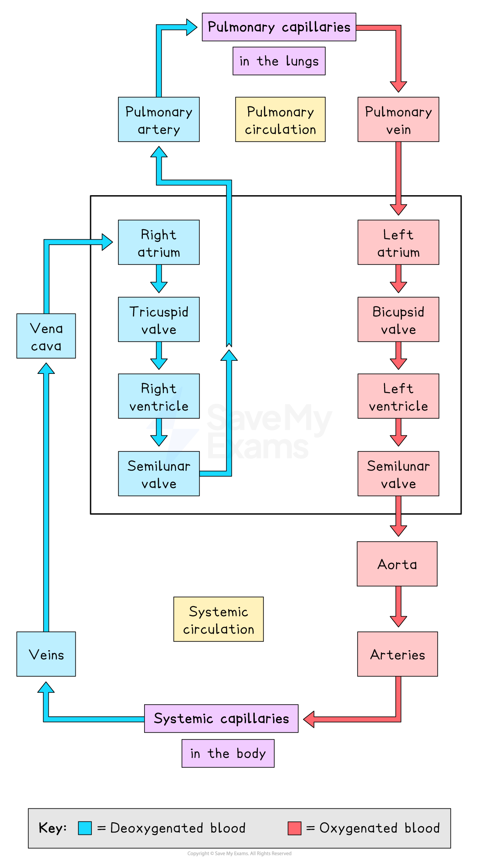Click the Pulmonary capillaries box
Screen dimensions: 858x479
(x=279, y=27)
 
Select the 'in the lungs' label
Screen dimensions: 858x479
(x=279, y=61)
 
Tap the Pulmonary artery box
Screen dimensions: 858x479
(x=159, y=119)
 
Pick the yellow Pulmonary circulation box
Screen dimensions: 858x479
(x=280, y=119)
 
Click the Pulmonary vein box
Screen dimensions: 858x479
(x=398, y=119)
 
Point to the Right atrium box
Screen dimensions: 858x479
(x=159, y=242)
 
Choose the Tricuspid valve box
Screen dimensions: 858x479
(x=159, y=319)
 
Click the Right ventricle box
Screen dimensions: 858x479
(x=159, y=396)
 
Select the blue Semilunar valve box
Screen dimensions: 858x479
(x=159, y=474)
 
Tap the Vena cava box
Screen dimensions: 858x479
(x=46, y=336)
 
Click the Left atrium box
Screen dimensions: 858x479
(x=398, y=242)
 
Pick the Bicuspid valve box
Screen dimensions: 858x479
(x=398, y=319)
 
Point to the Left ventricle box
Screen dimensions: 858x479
(x=398, y=396)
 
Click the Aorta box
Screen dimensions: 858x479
(x=397, y=564)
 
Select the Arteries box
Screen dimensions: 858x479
(x=397, y=654)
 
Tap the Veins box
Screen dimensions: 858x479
(x=46, y=654)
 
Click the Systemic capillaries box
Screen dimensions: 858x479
(x=221, y=719)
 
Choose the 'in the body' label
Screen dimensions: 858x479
(x=228, y=753)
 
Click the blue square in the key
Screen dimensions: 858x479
(x=85, y=828)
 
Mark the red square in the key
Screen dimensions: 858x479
(x=294, y=828)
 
